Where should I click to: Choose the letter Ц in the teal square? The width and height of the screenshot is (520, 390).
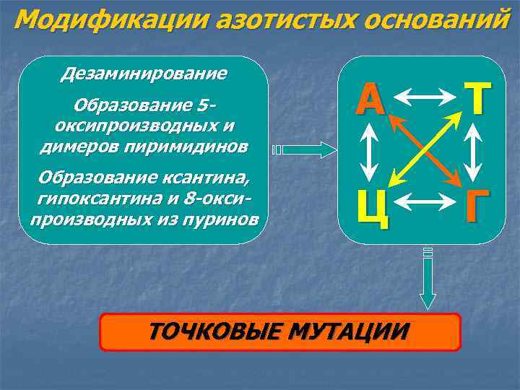(x=372, y=206)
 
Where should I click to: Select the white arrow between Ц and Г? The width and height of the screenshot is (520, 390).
(x=422, y=201)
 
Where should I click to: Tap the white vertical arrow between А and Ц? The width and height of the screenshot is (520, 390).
(x=369, y=151)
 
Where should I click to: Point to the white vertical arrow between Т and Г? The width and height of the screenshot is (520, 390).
(x=474, y=151)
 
